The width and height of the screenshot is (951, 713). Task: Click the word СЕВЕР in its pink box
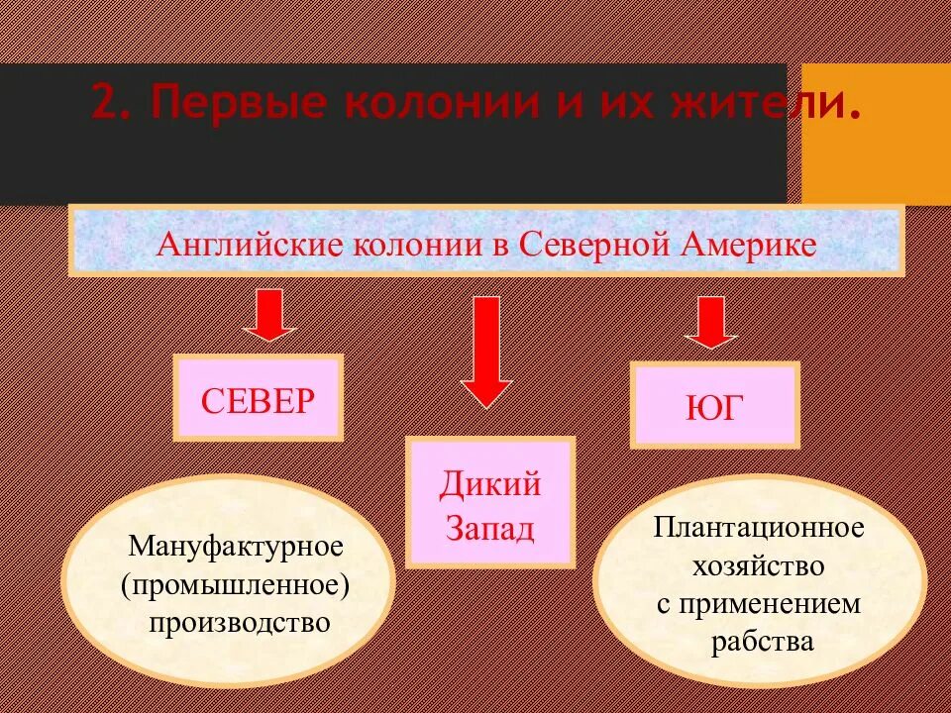pos(258,400)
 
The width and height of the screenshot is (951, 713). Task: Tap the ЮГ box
pos(713,407)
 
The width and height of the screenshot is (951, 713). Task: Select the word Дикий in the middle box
pos(490,485)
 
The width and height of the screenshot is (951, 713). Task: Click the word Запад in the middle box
pos(490,527)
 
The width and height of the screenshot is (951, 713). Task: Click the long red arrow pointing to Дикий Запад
pos(485,352)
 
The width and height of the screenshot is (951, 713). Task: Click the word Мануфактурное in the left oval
pos(236,546)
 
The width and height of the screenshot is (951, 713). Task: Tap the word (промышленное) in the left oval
pos(236,584)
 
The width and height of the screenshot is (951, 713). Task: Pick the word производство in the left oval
pos(239,623)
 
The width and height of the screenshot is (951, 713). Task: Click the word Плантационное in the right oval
pos(758,527)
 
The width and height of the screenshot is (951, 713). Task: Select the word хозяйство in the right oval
pos(760,565)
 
